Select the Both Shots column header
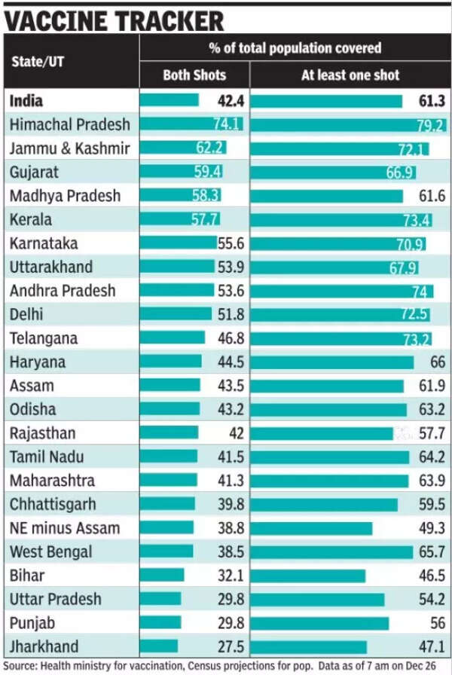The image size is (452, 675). click(194, 75)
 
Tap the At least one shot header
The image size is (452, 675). click(350, 75)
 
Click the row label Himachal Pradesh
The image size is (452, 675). click(69, 124)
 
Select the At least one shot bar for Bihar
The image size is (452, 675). click(308, 576)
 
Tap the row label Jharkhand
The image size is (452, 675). click(44, 646)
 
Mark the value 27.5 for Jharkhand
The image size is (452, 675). click(229, 646)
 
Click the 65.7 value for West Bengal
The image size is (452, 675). click(432, 552)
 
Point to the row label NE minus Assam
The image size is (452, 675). click(65, 528)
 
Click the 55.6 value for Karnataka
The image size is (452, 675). click(230, 244)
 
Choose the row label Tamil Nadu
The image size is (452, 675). click(47, 457)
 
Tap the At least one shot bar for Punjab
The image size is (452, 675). click(319, 623)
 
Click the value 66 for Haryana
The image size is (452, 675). click(438, 362)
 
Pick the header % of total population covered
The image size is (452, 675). click(295, 48)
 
